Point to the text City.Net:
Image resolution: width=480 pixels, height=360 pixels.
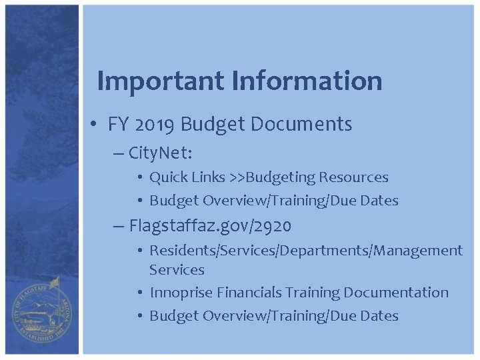point(160,154)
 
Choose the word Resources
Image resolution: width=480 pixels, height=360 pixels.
point(353,178)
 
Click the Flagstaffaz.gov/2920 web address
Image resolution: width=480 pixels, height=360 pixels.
point(210,227)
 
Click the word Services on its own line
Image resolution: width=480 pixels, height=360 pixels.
point(177,270)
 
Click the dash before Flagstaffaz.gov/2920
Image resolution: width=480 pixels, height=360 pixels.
point(119,227)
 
